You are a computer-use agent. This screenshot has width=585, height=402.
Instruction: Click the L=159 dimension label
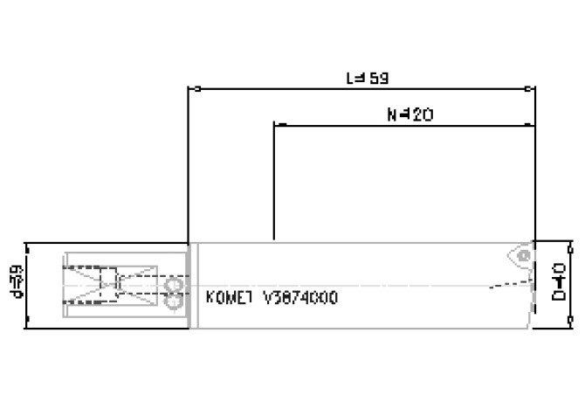(x=366, y=78)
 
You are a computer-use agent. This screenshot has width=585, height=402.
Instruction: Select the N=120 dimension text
(x=409, y=114)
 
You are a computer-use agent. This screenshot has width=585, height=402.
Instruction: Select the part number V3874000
(x=300, y=297)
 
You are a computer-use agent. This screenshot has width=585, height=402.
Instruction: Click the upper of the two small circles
(x=170, y=285)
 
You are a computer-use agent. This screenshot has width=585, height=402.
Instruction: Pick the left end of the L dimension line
(x=189, y=88)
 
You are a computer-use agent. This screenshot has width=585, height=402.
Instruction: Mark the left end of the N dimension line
(x=275, y=125)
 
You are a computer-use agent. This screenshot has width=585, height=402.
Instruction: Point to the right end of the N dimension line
(x=533, y=125)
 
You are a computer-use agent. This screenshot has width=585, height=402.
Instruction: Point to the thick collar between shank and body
(x=194, y=285)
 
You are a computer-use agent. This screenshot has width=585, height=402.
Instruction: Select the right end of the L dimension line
(x=533, y=88)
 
